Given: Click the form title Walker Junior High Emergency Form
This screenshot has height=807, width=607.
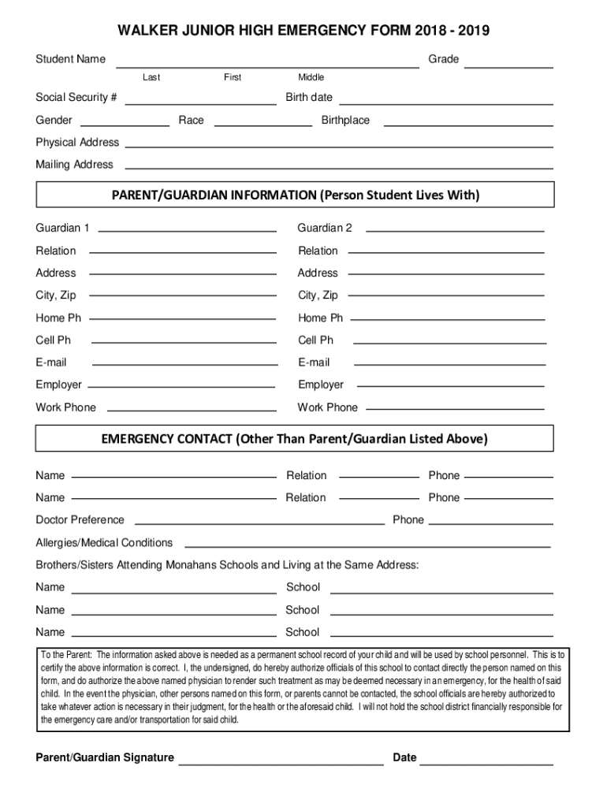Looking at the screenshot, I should (303, 32).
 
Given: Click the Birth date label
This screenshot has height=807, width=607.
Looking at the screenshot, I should (309, 98).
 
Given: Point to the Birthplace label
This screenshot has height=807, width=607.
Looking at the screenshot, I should (345, 121).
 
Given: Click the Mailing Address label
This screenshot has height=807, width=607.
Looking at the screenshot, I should (74, 165).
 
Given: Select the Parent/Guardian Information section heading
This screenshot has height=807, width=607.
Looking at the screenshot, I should (296, 195).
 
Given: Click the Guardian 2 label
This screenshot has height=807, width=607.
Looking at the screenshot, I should (325, 229).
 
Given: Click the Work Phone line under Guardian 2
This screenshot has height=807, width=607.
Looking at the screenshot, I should (456, 410).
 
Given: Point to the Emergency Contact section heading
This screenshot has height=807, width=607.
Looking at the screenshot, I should (295, 439).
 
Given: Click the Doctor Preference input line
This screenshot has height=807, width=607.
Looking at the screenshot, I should (260, 523).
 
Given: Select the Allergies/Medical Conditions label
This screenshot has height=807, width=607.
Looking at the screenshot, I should (104, 543).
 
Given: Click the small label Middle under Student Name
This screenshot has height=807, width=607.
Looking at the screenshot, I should (311, 77).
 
